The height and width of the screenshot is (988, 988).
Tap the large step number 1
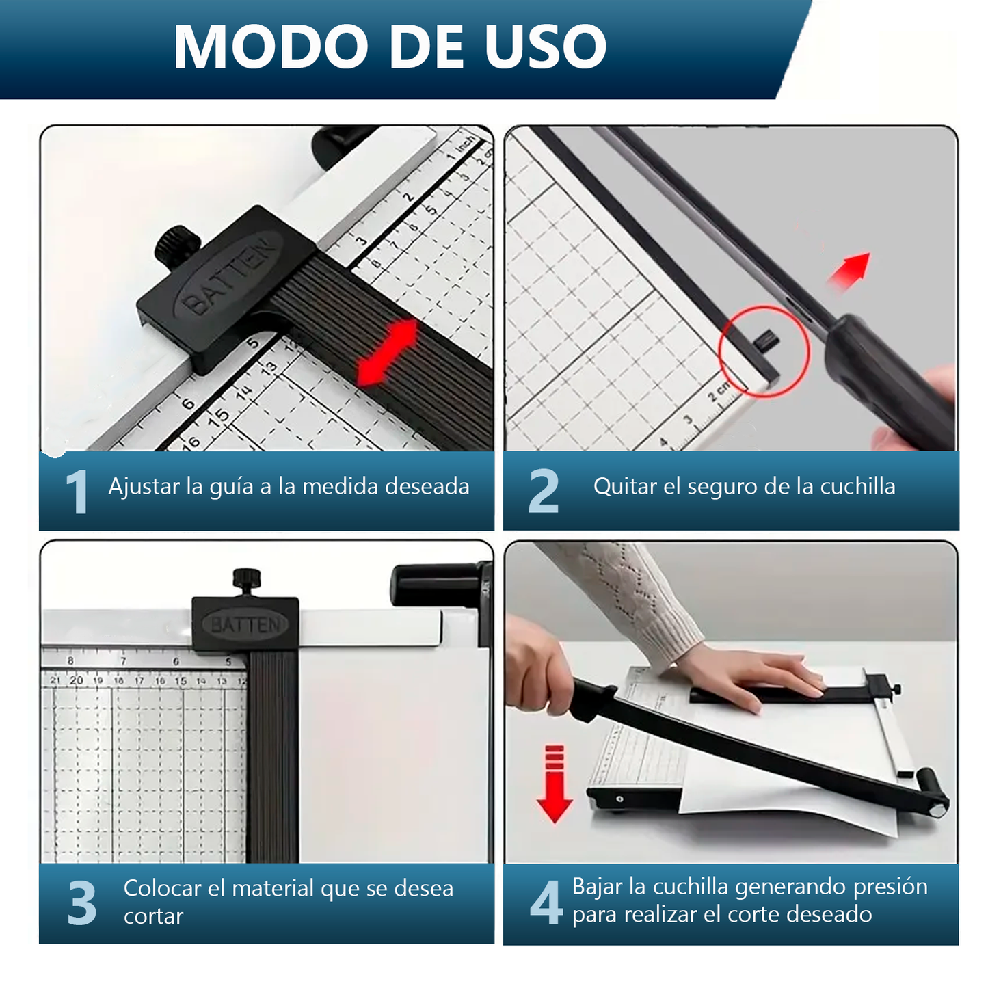tap(77, 492)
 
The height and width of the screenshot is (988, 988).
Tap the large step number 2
tap(544, 491)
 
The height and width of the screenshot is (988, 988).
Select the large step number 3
tap(82, 903)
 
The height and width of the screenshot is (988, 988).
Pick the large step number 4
tap(546, 903)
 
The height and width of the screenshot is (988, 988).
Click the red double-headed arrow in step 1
tap(388, 352)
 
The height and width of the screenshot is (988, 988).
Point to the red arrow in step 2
tap(849, 271)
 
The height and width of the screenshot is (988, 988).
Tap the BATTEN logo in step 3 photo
tap(245, 625)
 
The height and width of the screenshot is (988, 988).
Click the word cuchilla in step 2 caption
tap(857, 486)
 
